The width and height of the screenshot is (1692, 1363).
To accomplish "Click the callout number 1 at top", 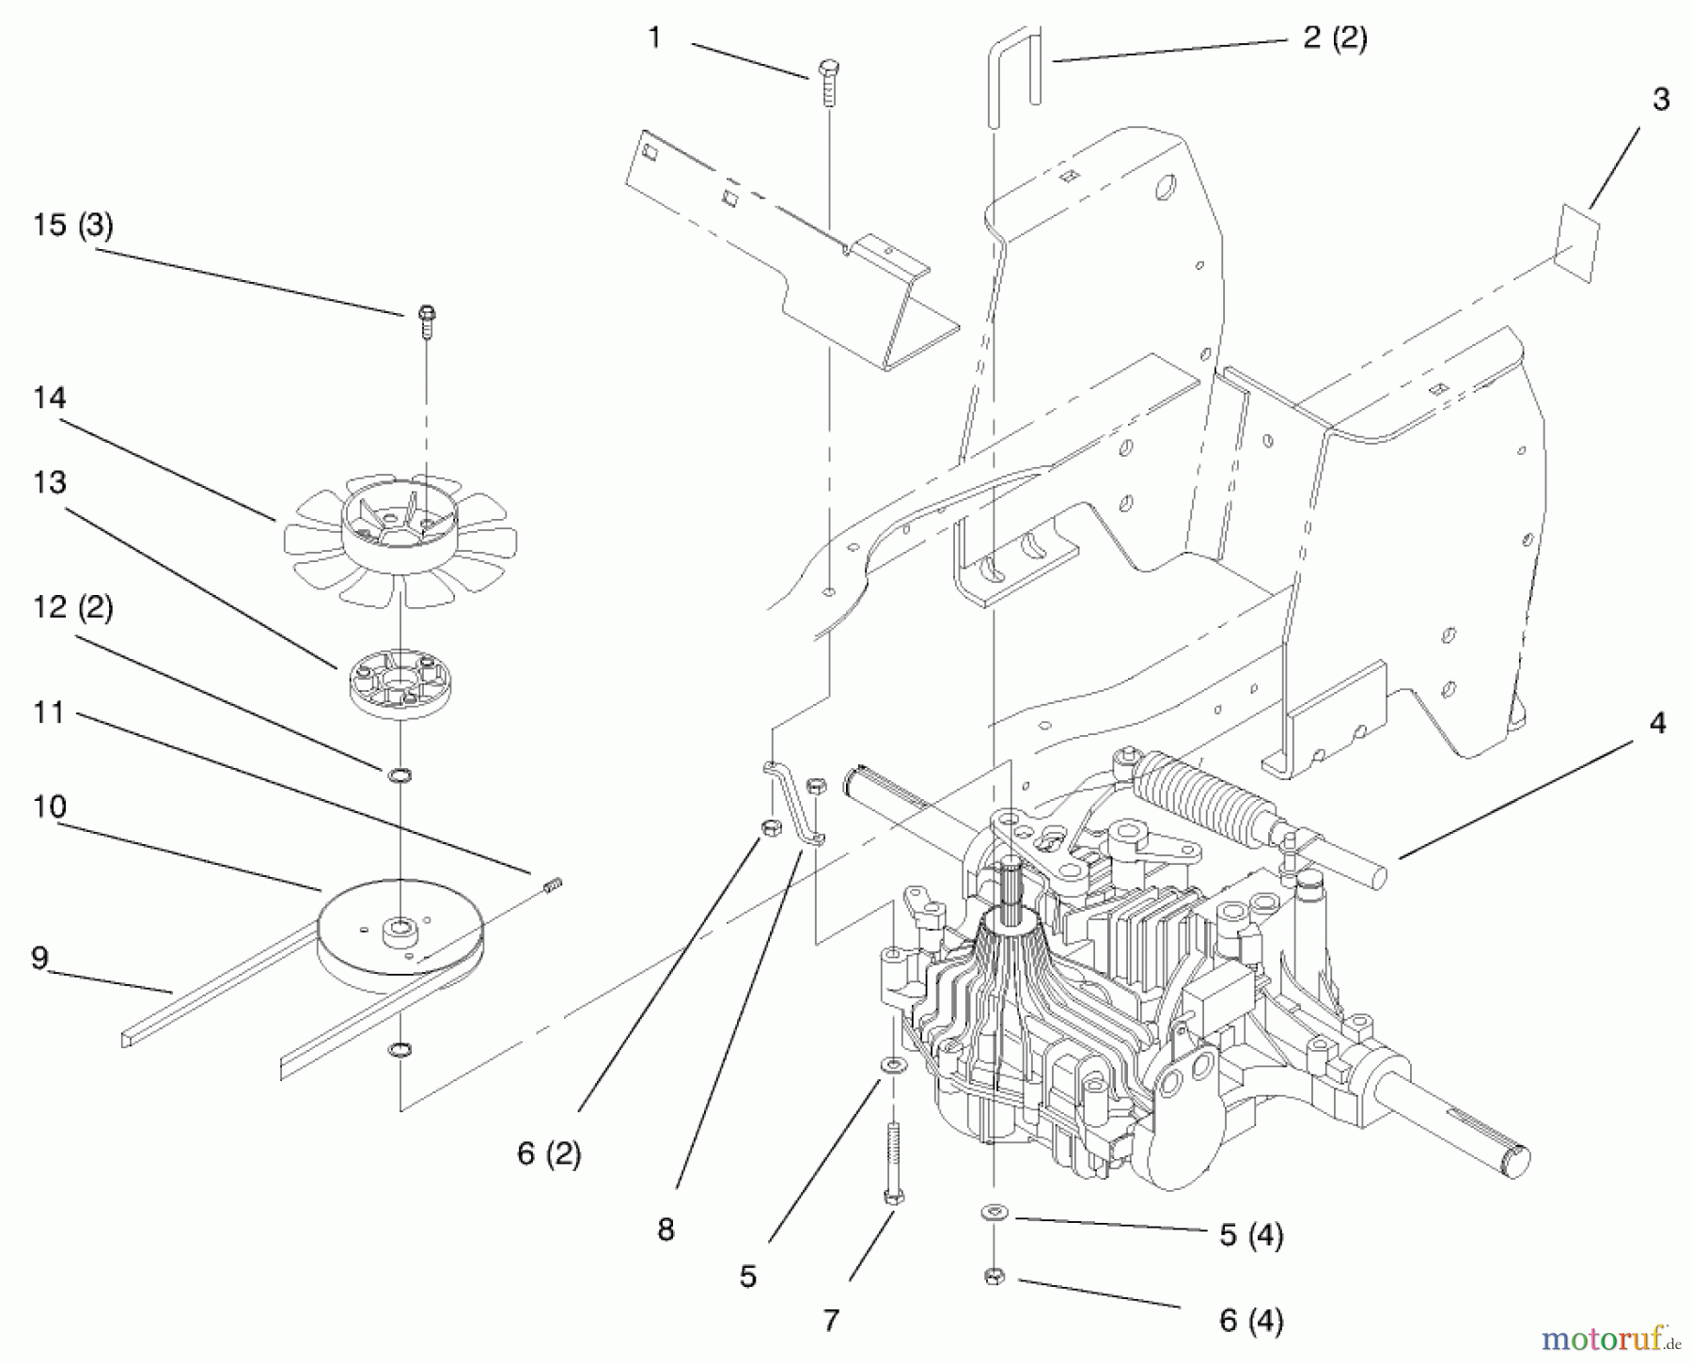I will (x=654, y=39).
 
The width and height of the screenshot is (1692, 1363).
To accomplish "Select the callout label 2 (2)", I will (x=1334, y=39).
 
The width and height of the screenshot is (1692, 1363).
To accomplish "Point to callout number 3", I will (x=1660, y=100).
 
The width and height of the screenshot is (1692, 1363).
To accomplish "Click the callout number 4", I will (x=1657, y=723).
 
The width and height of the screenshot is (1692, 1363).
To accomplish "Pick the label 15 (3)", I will (x=72, y=226).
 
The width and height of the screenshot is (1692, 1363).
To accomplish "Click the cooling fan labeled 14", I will (x=401, y=540).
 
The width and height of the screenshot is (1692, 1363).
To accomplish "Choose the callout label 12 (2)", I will (x=72, y=607).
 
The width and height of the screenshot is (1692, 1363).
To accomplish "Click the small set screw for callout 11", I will (x=553, y=885).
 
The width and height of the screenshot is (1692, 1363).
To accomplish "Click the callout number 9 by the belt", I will (x=39, y=958).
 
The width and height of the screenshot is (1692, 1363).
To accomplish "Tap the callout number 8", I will (x=666, y=1229).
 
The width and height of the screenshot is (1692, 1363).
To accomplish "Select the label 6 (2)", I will (x=549, y=1153).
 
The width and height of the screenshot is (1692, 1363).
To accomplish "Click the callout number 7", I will (x=830, y=1321).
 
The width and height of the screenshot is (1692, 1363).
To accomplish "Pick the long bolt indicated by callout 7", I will (x=892, y=1162).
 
